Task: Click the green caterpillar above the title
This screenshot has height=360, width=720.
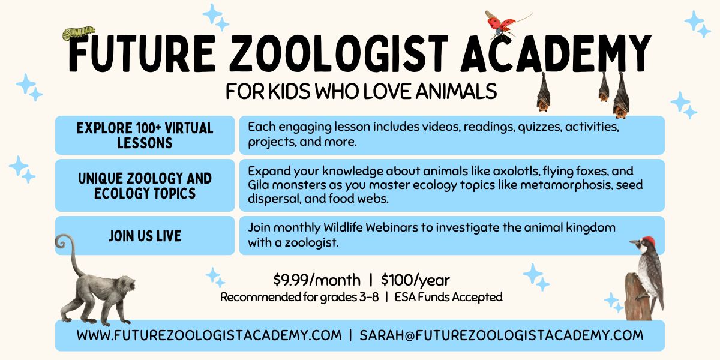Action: pos(79,34)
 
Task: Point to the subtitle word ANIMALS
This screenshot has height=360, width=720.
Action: pos(456,91)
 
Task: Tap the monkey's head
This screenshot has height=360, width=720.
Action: pos(126,284)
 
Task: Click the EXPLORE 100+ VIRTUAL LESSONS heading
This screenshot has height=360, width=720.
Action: pos(145,136)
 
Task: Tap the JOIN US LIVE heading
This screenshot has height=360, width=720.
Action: pos(145,236)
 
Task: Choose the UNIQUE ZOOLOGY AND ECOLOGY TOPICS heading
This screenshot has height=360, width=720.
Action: pos(145,185)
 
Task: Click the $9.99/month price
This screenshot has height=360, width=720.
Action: pos(317,280)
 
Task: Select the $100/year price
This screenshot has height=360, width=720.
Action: pos(415,280)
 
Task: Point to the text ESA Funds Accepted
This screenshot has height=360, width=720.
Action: pos(448,298)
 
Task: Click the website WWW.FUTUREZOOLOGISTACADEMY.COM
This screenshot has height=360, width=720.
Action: pos(209,335)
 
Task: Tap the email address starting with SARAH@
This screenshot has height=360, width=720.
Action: pos(502,335)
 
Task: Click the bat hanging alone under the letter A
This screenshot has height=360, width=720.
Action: pos(543,92)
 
